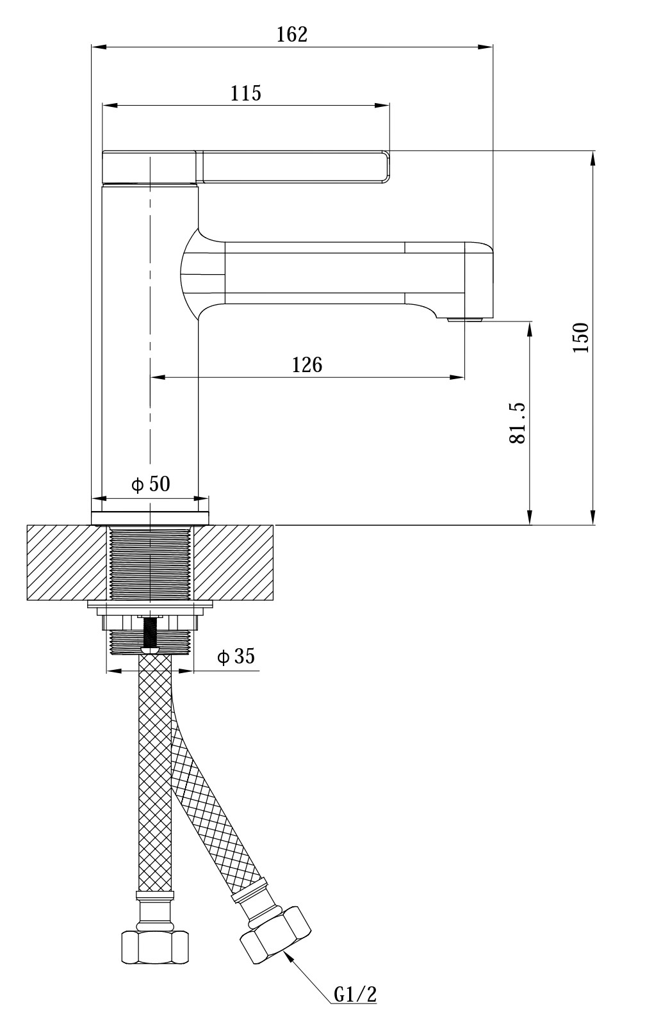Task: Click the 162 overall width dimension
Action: [x=291, y=35]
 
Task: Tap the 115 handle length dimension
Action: [x=245, y=94]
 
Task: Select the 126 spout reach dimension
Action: [x=307, y=365]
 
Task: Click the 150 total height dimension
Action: [x=581, y=338]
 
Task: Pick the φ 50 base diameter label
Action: [x=151, y=484]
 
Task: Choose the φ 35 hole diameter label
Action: [x=236, y=656]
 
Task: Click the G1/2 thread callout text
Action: [x=355, y=995]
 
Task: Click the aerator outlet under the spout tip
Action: [x=464, y=320]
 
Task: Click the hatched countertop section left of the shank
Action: [x=67, y=562]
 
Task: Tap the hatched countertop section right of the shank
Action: [x=234, y=562]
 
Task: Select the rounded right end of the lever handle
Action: [x=386, y=167]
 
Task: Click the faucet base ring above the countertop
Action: [x=151, y=517]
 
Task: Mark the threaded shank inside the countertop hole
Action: [x=151, y=562]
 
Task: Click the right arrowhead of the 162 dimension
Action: [x=486, y=46]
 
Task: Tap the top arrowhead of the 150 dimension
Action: [x=593, y=158]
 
